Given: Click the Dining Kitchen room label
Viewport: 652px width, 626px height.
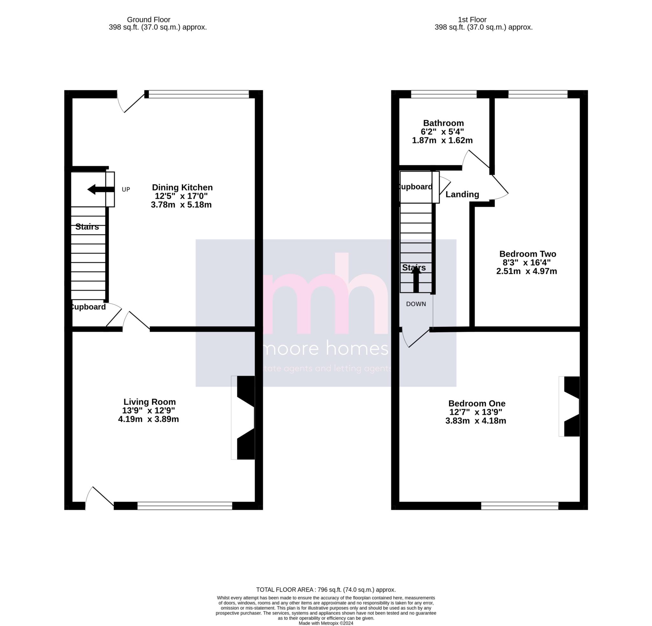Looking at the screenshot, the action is pos(182,187).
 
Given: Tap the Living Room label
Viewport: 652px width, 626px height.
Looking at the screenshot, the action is pos(150,402).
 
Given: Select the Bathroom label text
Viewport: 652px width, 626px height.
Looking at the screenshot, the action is pos(443,123).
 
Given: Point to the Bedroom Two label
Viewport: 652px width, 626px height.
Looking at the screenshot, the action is pos(528,254).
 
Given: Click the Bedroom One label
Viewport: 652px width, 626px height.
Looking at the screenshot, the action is pos(477,404).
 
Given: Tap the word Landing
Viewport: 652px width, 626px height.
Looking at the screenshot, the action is pos(462,194).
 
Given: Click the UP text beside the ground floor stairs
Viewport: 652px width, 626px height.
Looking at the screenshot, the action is pos(126,190).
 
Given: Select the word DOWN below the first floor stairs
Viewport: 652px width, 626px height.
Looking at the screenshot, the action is pos(416,304).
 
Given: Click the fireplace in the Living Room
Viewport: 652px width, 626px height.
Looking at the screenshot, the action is pos(243,418).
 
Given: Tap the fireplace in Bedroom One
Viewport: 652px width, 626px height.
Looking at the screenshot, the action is pos(569,406).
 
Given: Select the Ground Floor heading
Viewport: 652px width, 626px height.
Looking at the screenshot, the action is pos(149,20).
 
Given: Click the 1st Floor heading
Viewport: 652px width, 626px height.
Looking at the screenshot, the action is pos(472,20).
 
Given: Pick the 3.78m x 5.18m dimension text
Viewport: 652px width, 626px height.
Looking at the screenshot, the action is pos(181,205).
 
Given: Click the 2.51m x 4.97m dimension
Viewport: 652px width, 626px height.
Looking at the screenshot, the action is pos(527,271).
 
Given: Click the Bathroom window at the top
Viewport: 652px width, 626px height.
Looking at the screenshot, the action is pos(444,94).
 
